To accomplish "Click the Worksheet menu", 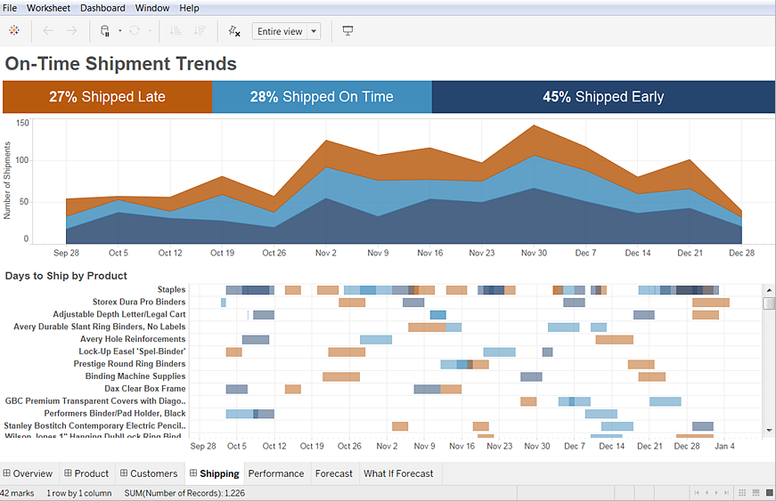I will (x=49, y=8).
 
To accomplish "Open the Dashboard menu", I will (x=102, y=8).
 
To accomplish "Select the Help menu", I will (x=189, y=8).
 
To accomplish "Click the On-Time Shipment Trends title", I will (x=121, y=64).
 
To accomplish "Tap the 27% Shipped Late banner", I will (x=107, y=97).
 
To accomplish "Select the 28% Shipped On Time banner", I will (x=322, y=97).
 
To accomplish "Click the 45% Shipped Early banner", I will (x=603, y=97).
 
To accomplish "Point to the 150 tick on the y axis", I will (x=22, y=124).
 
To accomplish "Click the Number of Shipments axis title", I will (x=8, y=181).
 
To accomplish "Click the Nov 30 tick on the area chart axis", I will (x=534, y=253).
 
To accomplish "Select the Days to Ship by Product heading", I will (x=66, y=276).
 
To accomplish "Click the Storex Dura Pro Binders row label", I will (x=139, y=303).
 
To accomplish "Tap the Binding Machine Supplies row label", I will (x=135, y=376).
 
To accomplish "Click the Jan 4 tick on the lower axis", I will (x=724, y=446).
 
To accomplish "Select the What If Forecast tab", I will (x=398, y=473).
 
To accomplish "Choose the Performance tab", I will (x=275, y=473).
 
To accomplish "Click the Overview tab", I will (x=28, y=473).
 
